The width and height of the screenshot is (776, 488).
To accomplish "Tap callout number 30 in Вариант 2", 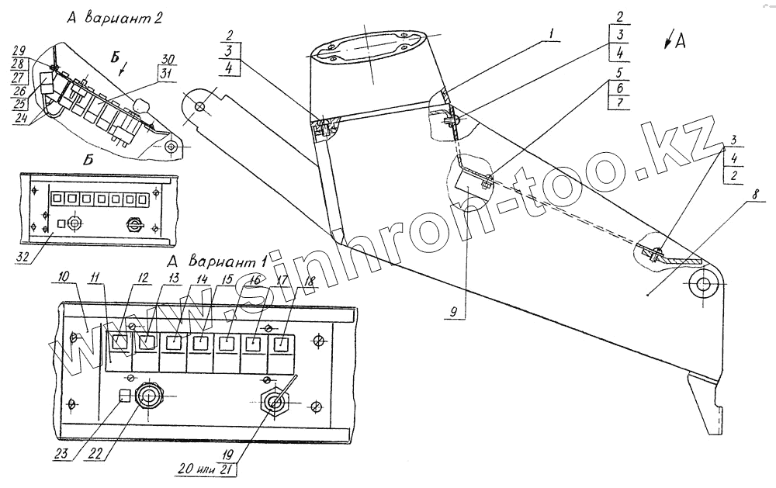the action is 167,59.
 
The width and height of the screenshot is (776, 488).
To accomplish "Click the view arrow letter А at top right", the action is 681,41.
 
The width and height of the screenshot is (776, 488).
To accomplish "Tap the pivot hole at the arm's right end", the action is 704,284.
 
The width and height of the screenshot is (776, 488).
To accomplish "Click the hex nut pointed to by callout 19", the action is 275,402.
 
